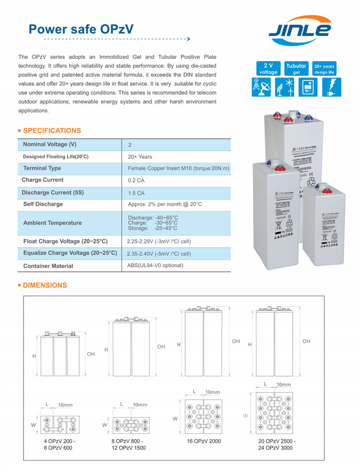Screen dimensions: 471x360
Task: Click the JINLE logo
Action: (x=300, y=30)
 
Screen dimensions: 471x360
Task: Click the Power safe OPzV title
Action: (x=81, y=29)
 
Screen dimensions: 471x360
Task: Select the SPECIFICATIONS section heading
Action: (x=52, y=130)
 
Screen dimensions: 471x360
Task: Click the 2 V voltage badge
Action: (x=268, y=69)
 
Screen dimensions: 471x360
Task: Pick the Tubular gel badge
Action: (x=296, y=69)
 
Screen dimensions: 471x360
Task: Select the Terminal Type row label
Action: (x=42, y=168)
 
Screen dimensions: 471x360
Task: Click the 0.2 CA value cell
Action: (x=136, y=180)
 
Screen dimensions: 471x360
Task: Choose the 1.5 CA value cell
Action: (x=136, y=193)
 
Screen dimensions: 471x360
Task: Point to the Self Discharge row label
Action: (x=43, y=204)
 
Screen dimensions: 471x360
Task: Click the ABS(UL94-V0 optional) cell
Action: (x=155, y=265)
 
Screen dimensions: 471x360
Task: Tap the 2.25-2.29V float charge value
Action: (x=158, y=242)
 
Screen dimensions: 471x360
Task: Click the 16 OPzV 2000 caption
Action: (x=204, y=441)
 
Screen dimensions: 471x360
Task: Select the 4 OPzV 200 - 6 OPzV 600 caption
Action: (x=60, y=445)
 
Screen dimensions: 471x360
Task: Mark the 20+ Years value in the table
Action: (x=140, y=156)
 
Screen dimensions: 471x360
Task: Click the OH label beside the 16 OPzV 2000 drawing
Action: (x=236, y=341)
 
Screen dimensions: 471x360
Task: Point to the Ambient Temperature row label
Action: (x=52, y=223)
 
